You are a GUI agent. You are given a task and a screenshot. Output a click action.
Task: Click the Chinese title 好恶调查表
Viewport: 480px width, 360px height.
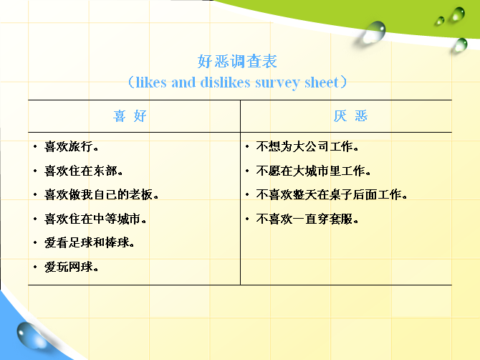coord(237,61)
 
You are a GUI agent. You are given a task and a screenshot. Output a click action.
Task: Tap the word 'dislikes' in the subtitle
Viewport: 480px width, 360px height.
coord(225,82)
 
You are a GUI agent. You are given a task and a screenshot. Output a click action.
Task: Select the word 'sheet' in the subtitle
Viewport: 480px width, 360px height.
coord(322,82)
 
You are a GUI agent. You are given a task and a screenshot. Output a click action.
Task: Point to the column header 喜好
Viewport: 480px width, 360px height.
coord(130,116)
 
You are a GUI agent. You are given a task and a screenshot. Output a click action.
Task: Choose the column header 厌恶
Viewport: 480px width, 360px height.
coord(350,116)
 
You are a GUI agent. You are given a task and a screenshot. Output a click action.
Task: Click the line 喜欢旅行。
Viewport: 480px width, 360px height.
coord(72,146)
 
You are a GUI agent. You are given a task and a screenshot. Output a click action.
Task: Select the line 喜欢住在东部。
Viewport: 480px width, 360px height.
coord(84,171)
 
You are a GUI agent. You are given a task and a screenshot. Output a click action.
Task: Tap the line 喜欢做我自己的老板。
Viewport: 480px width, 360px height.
coord(101,194)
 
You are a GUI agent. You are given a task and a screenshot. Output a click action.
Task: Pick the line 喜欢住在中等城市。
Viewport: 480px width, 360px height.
coord(95,219)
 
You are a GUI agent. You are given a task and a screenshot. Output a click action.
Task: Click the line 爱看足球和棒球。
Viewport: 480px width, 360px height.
coord(90,242)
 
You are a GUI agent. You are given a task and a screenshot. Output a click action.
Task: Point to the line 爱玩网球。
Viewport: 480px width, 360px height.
coord(72,267)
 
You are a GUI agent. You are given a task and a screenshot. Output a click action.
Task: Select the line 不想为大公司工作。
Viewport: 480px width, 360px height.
coord(307,146)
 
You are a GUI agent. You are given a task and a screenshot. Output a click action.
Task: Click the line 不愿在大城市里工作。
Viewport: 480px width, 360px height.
coord(314,171)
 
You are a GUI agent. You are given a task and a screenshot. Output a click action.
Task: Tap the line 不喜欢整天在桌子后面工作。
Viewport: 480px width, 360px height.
coord(332,194)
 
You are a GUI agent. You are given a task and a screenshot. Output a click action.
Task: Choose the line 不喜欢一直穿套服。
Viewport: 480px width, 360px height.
coord(307,219)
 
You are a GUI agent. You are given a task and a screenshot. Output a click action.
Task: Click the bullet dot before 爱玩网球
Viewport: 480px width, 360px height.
coord(35,267)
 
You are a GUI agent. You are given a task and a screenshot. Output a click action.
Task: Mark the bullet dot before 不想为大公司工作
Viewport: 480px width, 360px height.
coord(247,147)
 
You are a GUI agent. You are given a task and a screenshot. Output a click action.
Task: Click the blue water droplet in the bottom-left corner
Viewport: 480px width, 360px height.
coord(31,335)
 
